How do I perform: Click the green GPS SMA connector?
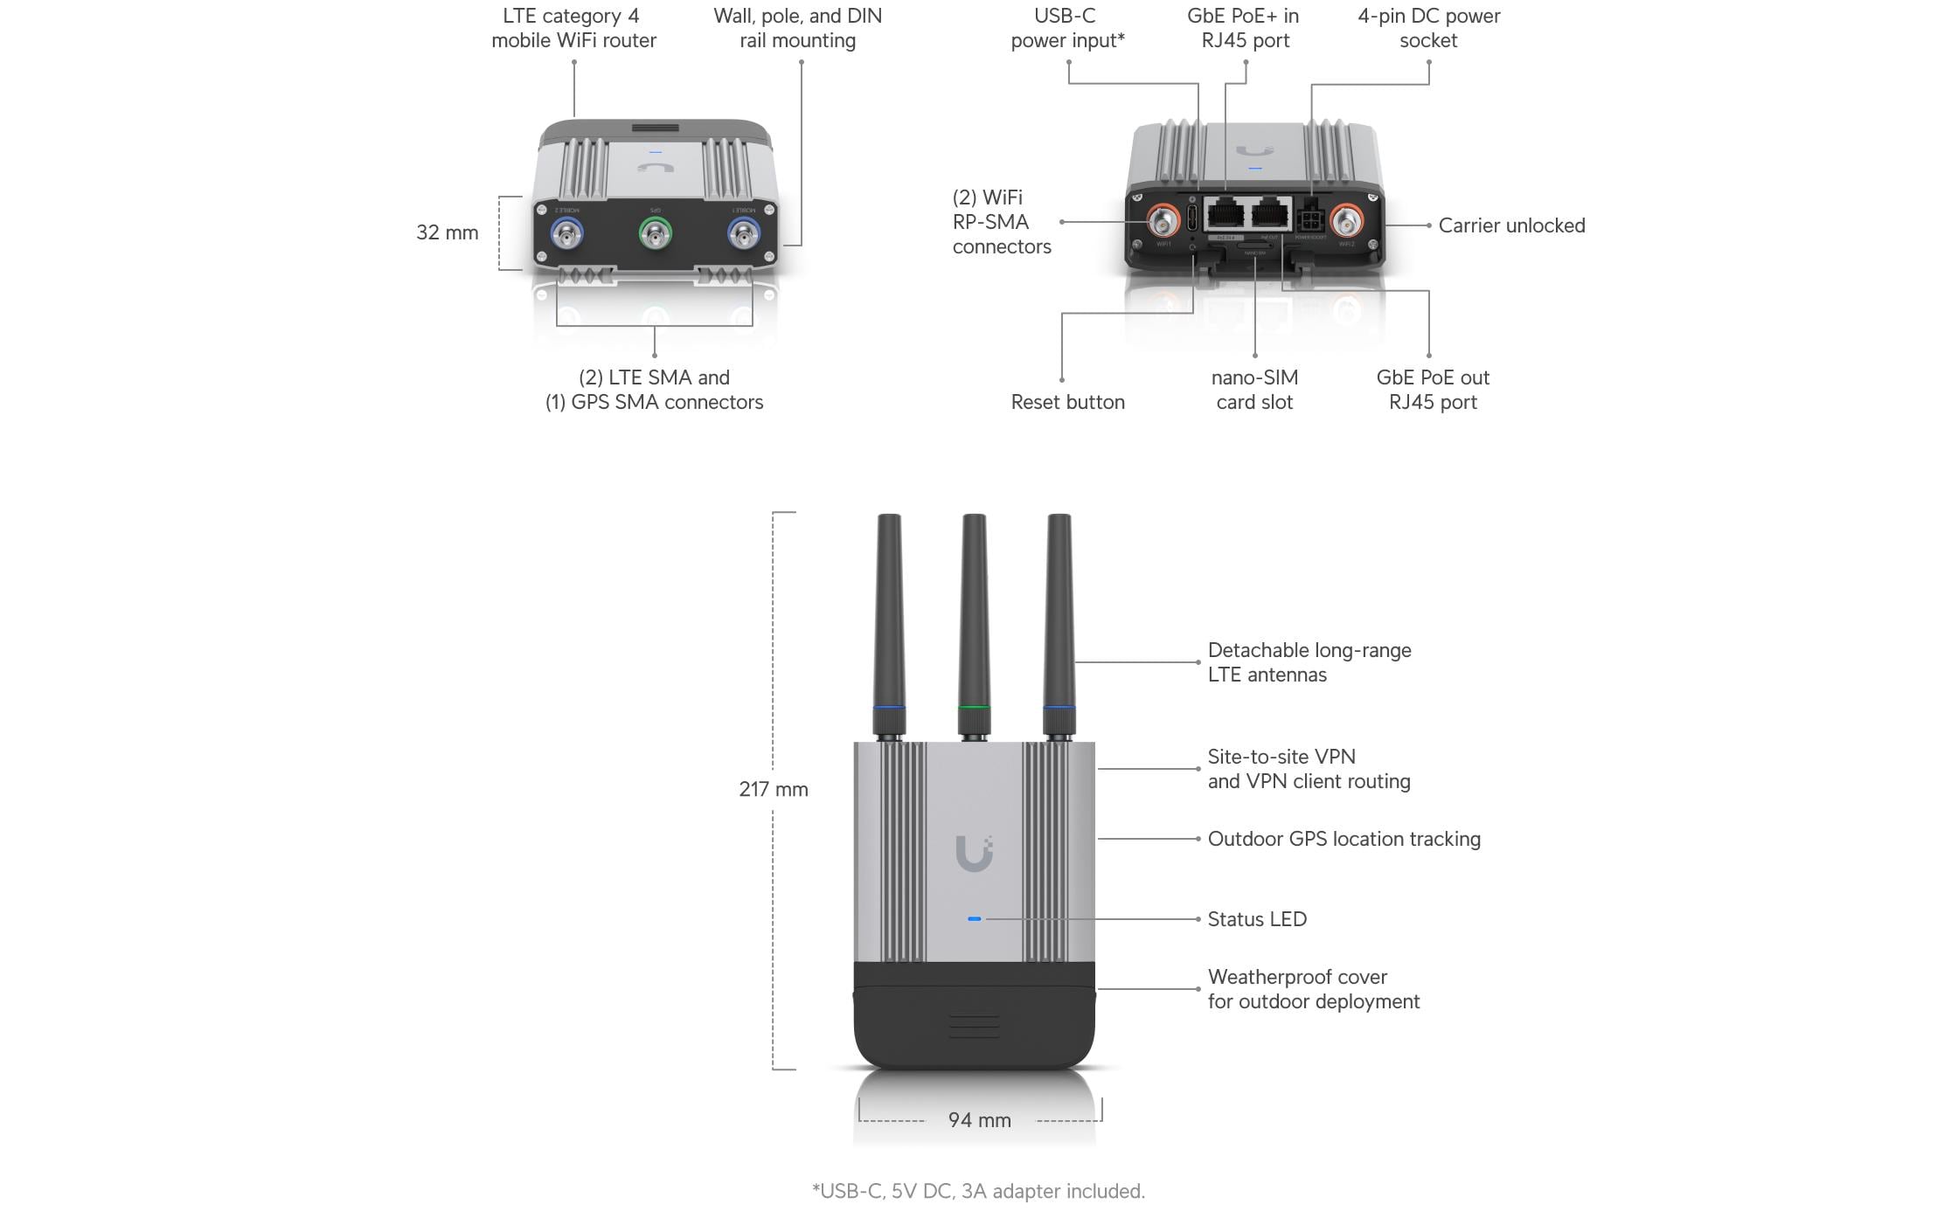(x=655, y=233)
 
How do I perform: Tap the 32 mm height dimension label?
(x=447, y=232)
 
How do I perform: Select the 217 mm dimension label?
(x=773, y=789)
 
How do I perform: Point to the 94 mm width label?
(x=979, y=1120)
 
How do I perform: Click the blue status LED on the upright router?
(x=975, y=919)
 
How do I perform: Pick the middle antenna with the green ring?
(x=974, y=625)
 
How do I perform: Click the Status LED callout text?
(x=1256, y=919)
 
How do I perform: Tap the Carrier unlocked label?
(x=1511, y=225)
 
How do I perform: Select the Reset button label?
(x=1067, y=402)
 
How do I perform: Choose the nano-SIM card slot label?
(x=1254, y=390)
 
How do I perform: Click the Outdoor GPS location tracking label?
(x=1344, y=839)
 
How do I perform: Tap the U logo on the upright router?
(x=974, y=853)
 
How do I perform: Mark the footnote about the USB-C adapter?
(x=978, y=1191)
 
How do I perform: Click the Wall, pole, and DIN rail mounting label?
(x=797, y=28)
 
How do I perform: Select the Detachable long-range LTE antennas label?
(x=1309, y=662)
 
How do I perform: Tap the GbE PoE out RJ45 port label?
(x=1433, y=390)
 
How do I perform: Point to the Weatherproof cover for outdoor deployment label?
(x=1313, y=989)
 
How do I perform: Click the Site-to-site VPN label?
(x=1309, y=769)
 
